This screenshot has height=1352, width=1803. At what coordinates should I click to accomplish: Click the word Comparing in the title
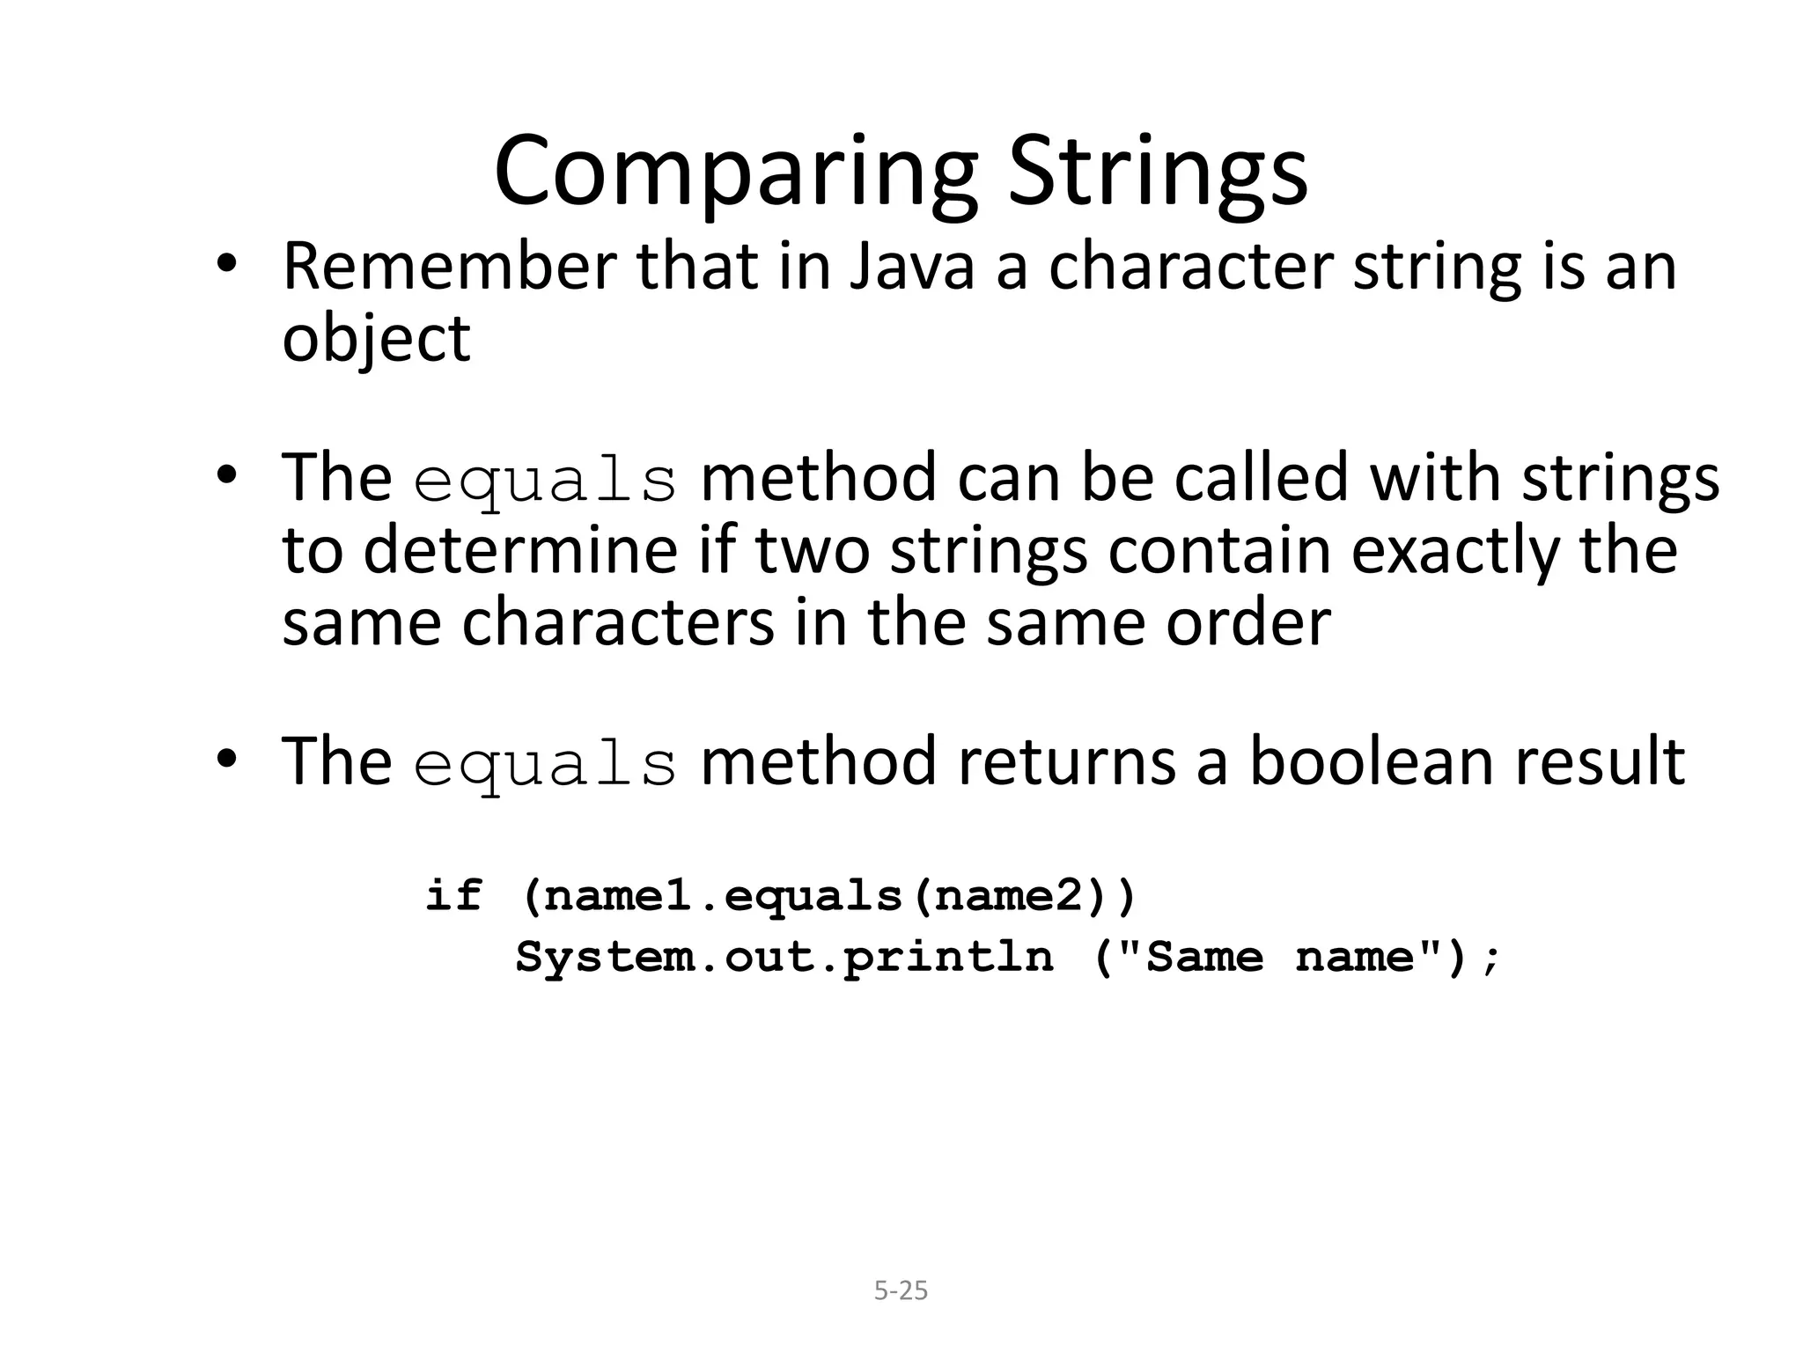[x=735, y=172]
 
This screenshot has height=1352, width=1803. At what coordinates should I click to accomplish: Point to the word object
[x=376, y=339]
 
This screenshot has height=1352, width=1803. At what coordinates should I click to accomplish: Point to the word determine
[x=520, y=550]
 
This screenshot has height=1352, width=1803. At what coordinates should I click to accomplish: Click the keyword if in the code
[x=454, y=896]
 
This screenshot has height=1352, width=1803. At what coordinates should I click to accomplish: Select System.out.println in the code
[x=784, y=958]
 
